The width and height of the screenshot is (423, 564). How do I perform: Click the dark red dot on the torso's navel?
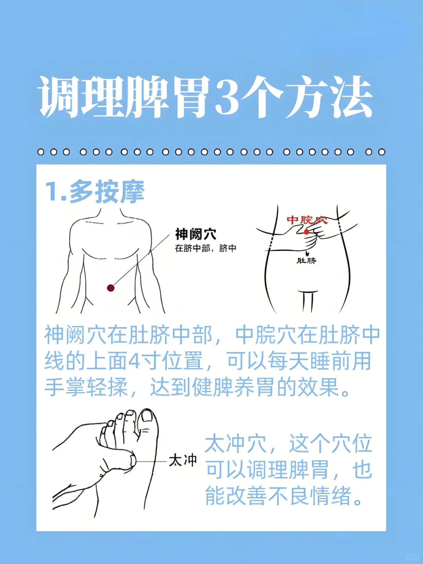pos(110,288)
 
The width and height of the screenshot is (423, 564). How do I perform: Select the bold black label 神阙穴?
pos(196,234)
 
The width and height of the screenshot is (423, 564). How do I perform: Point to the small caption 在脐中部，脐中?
pos(206,248)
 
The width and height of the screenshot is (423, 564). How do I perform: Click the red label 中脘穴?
pos(307,220)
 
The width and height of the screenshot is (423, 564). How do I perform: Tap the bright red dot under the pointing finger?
pos(306,232)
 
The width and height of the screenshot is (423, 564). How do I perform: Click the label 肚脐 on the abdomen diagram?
pos(306,261)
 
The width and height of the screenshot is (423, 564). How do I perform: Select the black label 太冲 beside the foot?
pos(183,461)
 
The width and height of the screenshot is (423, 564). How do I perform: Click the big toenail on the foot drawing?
pos(148,415)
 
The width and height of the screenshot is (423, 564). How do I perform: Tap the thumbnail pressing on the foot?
pos(133,461)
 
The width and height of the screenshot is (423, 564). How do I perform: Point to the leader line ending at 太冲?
pos(151,461)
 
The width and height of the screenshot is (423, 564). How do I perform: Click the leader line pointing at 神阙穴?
pos(142,259)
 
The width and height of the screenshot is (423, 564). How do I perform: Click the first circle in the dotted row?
pos(41,152)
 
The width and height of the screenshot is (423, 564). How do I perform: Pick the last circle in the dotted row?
pos(381,152)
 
